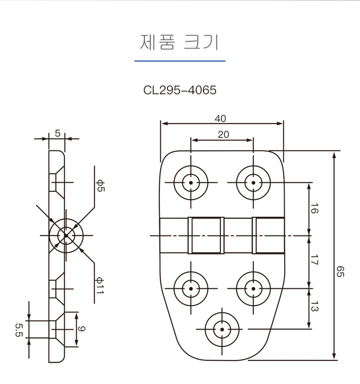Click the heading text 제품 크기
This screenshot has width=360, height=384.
tap(179, 42)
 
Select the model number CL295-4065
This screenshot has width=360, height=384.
tap(180, 90)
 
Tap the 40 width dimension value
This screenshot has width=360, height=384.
tap(220, 119)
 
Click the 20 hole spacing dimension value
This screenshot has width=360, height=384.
tap(224, 135)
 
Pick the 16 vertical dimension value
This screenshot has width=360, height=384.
tap(314, 209)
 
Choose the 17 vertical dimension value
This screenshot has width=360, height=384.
tap(314, 260)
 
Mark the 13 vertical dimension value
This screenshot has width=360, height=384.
tap(314, 306)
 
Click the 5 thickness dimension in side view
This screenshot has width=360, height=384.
tap(58, 134)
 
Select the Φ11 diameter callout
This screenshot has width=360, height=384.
tap(100, 285)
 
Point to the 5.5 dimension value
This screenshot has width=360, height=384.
tap(19, 330)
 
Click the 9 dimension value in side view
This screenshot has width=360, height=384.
tap(82, 329)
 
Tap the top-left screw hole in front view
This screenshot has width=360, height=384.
tap(191, 183)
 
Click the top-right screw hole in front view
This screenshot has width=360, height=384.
tap(253, 183)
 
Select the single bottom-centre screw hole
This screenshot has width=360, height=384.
tap(222, 329)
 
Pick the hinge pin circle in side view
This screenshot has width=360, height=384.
tap(66, 235)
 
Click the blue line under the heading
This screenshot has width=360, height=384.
tap(180, 61)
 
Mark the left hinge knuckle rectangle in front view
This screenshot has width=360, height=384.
tap(206, 235)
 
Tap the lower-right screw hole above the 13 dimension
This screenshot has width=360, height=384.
tap(253, 289)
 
